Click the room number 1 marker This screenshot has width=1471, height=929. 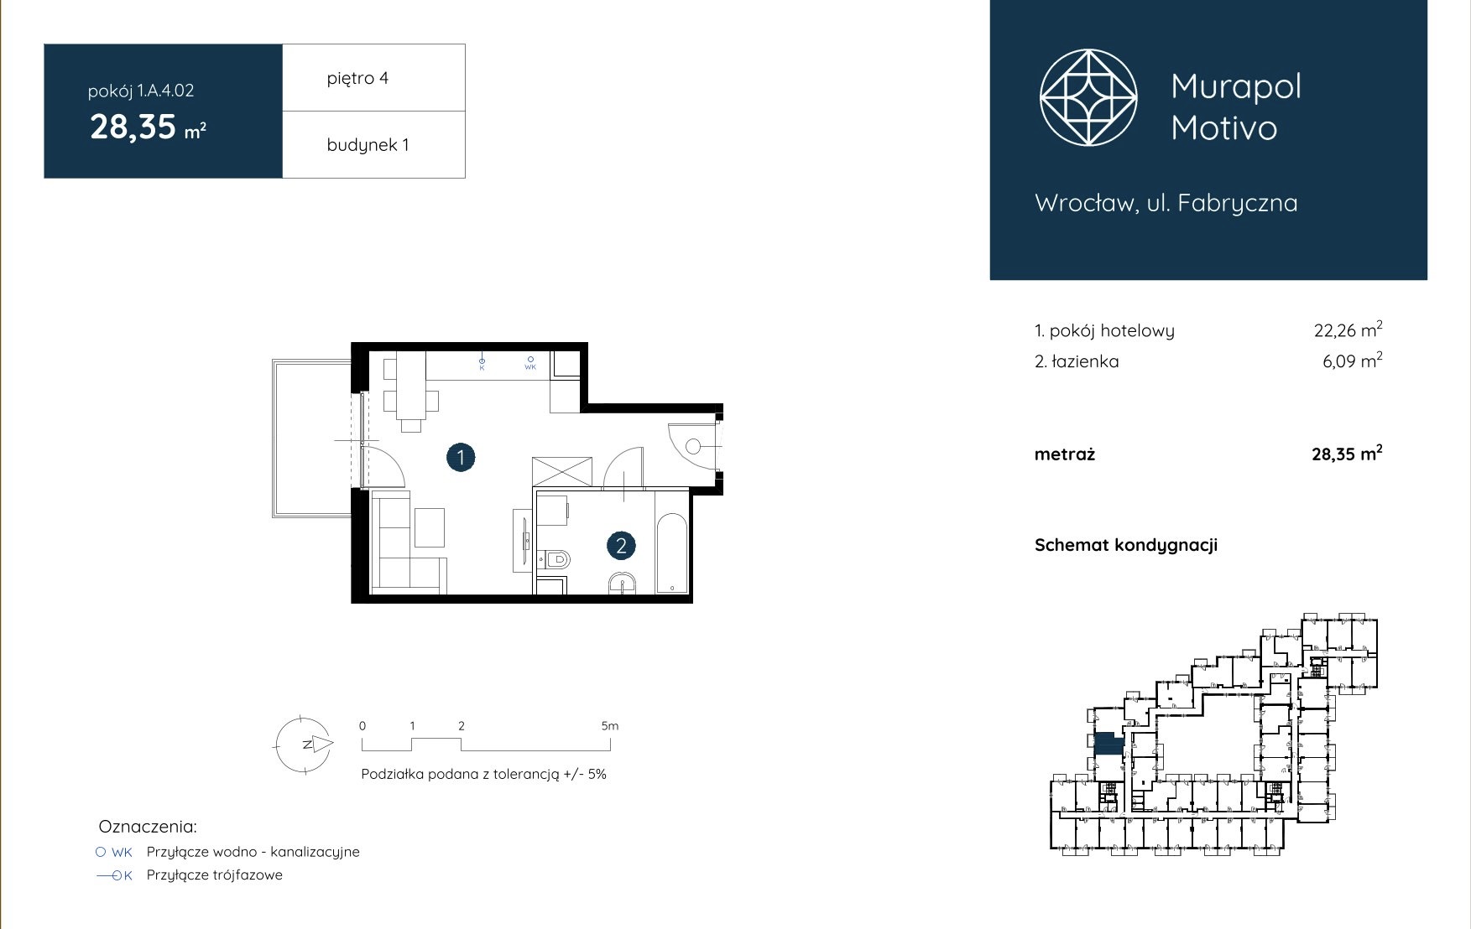click(x=461, y=458)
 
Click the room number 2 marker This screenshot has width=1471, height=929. click(x=621, y=546)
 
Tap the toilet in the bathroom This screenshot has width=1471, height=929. click(x=554, y=558)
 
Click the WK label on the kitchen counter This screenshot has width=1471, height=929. click(x=530, y=366)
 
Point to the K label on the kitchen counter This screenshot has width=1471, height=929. click(x=482, y=366)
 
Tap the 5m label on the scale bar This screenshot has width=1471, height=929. click(x=610, y=726)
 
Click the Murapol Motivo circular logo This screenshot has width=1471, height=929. click(x=1088, y=97)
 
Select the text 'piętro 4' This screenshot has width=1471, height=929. click(x=357, y=78)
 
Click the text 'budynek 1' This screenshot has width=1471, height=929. click(x=368, y=144)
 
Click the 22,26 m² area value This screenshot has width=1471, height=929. click(x=1348, y=330)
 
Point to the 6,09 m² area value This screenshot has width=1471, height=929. click(x=1352, y=361)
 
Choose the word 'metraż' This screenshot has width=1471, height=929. click(x=1065, y=454)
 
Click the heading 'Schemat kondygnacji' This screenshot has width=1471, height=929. click(x=1126, y=545)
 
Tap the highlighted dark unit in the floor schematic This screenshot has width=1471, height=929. click(x=1109, y=744)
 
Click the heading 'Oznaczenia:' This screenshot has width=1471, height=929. click(x=148, y=827)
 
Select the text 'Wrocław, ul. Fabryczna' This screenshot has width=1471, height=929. click(x=1166, y=203)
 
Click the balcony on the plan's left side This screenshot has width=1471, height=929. click(x=312, y=439)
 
